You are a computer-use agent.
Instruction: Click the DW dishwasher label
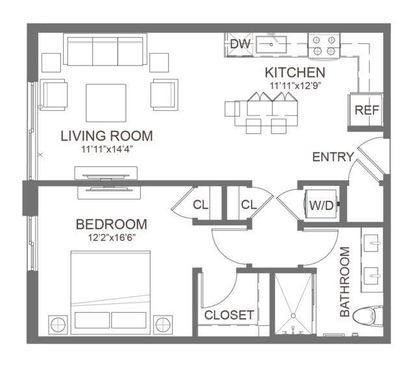click(240, 44)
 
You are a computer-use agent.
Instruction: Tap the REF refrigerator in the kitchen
click(365, 110)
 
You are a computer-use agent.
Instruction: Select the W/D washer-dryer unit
click(322, 204)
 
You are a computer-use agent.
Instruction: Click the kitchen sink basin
click(271, 45)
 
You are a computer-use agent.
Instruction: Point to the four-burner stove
click(324, 45)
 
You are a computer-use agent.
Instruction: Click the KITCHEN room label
click(295, 73)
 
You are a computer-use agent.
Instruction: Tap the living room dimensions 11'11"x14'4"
click(107, 150)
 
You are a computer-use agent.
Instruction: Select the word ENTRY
click(333, 157)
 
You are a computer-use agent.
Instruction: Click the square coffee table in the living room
click(106, 103)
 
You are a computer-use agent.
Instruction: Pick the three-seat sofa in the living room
click(105, 49)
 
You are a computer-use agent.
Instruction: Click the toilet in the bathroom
click(368, 316)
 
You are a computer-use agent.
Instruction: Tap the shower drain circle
click(294, 316)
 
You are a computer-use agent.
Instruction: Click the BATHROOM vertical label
click(345, 282)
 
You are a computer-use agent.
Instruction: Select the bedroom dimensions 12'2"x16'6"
click(112, 238)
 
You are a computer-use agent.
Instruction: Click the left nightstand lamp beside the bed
click(58, 325)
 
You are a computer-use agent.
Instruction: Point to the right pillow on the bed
click(129, 320)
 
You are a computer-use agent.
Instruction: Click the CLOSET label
click(229, 315)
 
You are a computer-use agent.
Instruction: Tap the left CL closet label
click(201, 205)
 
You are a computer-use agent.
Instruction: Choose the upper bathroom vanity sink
click(372, 243)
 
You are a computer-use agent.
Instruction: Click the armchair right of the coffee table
click(164, 95)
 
